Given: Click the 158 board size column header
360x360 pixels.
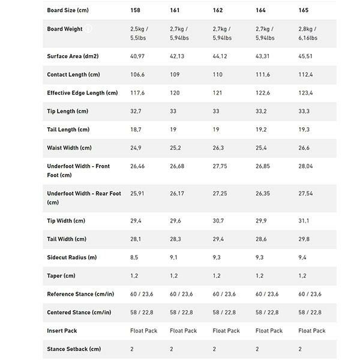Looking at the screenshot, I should click(x=137, y=10).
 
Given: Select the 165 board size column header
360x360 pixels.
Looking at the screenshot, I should click(x=304, y=10).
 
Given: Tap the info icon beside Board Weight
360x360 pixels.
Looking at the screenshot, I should click(x=88, y=29).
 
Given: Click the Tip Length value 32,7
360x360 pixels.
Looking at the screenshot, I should click(x=138, y=111).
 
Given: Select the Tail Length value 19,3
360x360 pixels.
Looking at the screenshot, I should click(x=306, y=130).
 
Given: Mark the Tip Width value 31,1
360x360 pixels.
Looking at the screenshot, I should click(x=306, y=221).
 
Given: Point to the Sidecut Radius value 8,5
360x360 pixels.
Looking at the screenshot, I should click(x=136, y=257).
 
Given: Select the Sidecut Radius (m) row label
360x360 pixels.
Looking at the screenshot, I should click(x=71, y=257).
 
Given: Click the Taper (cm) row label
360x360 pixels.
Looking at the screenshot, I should click(x=61, y=275).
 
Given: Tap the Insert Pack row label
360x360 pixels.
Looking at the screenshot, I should click(x=62, y=331).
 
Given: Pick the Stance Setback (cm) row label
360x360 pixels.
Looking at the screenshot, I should click(x=74, y=349).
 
